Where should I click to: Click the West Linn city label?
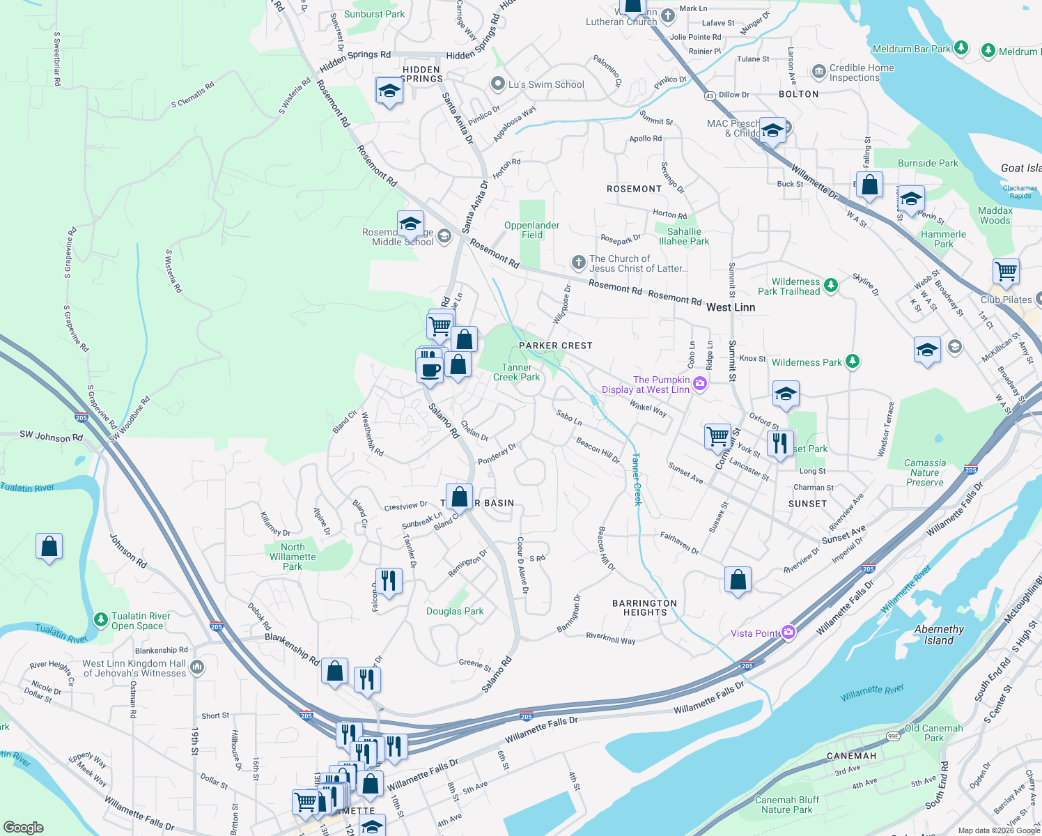(730, 307)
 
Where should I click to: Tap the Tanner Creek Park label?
(516, 372)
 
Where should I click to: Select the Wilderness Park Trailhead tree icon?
(830, 285)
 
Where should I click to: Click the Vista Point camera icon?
(788, 633)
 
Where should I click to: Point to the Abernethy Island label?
(939, 635)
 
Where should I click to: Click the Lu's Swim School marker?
(497, 84)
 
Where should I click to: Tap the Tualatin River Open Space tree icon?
(101, 619)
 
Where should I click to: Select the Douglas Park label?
(454, 611)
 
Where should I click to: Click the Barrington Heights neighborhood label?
(644, 607)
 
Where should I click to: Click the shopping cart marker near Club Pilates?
(1006, 271)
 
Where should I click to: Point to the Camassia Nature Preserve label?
(924, 472)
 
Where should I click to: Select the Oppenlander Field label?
(531, 230)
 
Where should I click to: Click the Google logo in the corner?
(24, 827)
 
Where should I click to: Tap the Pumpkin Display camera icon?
(700, 383)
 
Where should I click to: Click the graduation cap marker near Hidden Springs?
(389, 91)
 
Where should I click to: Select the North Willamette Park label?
(293, 557)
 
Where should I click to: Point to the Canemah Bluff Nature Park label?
(786, 805)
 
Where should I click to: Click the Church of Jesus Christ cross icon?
(578, 263)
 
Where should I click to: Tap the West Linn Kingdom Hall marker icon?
(197, 667)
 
